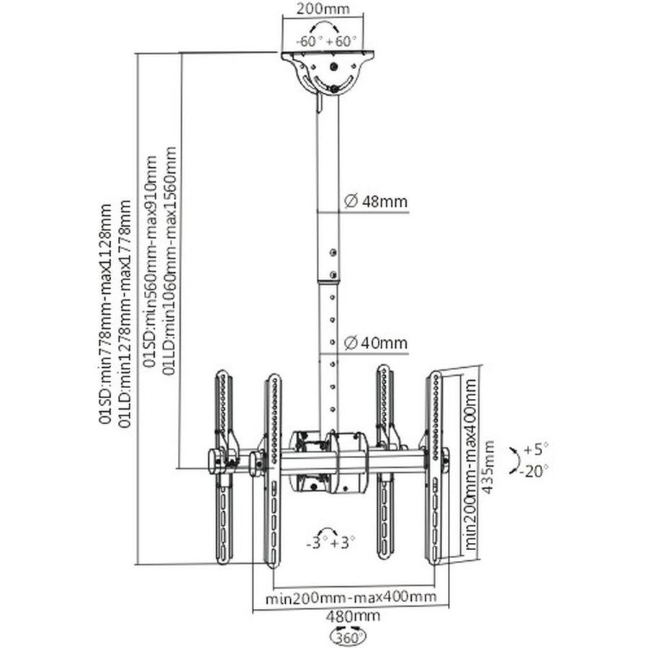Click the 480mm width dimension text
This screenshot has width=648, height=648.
coord(353,616)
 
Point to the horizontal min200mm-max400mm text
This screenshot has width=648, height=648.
coord(351,598)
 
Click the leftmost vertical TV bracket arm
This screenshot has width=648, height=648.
coord(222,468)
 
